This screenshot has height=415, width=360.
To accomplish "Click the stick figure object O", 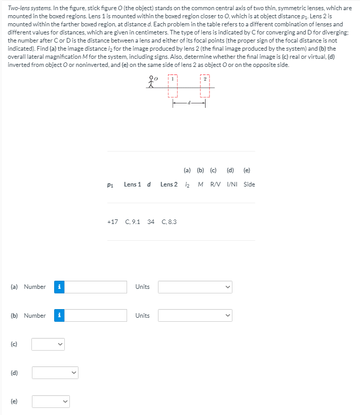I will tap(150, 82).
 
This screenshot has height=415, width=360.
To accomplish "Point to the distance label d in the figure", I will tap(189, 103).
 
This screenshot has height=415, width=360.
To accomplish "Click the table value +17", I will tap(112, 222).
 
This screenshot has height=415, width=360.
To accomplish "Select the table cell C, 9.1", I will tap(132, 222).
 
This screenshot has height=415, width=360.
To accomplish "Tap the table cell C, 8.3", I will tap(169, 222).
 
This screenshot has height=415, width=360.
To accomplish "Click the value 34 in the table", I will tap(151, 222).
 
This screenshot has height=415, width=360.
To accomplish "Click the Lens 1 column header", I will tap(132, 184).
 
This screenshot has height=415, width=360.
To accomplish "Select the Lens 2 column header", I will tap(169, 184).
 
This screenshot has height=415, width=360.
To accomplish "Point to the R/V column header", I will tap(215, 184).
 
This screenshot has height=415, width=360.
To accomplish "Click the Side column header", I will tap(249, 184).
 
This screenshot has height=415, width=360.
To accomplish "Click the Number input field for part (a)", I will tap(96, 287).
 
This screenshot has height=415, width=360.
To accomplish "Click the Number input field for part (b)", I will tap(96, 316).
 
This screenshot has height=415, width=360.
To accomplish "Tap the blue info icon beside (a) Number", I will tap(59, 287).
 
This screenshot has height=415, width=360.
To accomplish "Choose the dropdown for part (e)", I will tap(50, 402).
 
